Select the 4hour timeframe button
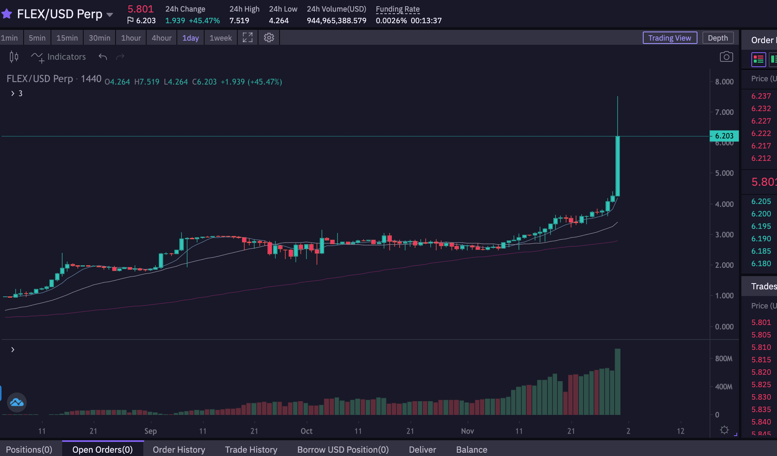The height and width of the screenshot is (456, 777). point(162,38)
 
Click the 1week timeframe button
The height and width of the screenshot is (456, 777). point(221,38)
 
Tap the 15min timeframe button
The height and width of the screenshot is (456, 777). point(67,38)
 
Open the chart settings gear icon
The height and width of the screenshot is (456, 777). point(269,38)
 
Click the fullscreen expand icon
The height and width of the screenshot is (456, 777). point(248,38)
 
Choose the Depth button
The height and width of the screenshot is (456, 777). point(718,38)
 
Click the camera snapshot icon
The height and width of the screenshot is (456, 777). point(726,57)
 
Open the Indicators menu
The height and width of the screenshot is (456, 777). point(58,57)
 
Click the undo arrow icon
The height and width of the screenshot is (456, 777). point(103,57)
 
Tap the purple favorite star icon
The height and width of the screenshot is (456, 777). point(7,14)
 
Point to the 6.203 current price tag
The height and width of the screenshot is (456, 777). point(724,136)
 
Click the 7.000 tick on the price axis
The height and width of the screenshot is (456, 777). point(724,112)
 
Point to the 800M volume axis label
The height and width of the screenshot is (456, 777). point(724,359)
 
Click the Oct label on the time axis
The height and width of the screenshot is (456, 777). point(306,431)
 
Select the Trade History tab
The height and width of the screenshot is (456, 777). point(251,450)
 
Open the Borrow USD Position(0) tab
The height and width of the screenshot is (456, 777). point(343,450)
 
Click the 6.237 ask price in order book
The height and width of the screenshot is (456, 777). point(761,96)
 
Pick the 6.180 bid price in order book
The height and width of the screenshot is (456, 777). point(761,264)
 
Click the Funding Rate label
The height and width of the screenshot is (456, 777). point(398,9)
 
